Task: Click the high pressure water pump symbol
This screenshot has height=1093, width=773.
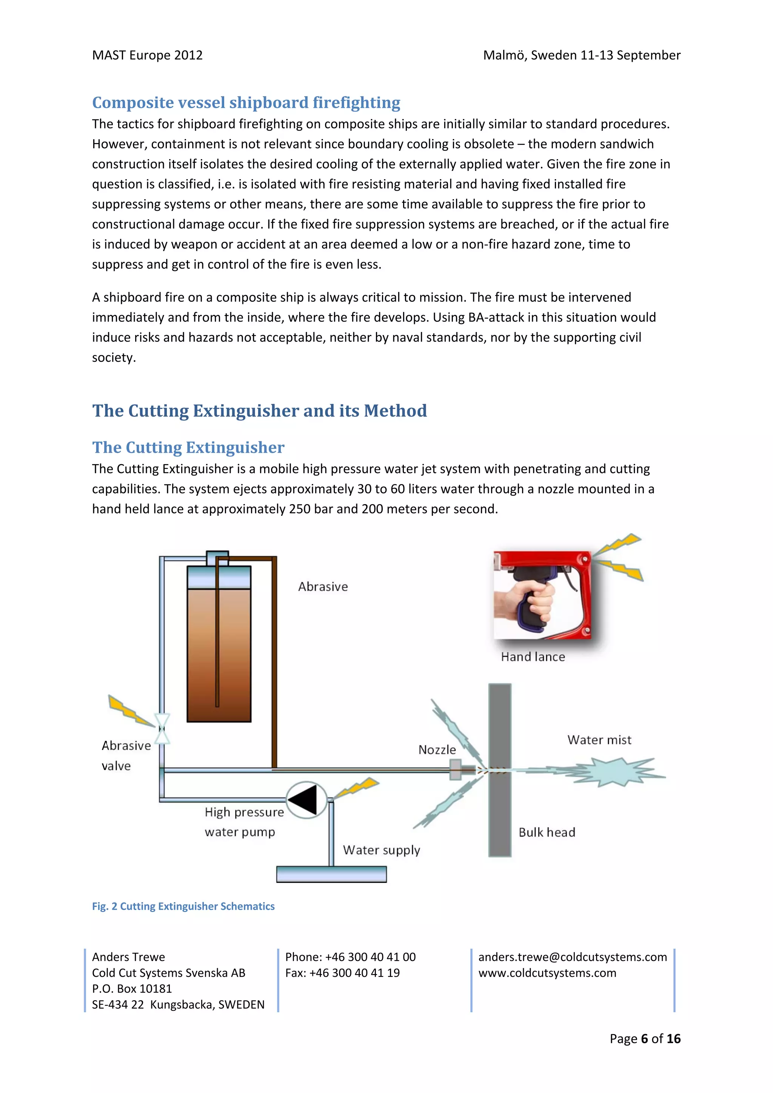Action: click(306, 800)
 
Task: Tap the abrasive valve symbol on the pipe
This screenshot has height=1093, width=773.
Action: click(162, 728)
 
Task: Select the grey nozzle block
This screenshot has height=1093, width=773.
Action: click(455, 769)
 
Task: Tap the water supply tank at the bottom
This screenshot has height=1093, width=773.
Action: click(331, 874)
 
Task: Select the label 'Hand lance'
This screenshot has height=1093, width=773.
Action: click(533, 657)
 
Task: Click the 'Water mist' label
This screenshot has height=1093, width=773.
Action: click(599, 740)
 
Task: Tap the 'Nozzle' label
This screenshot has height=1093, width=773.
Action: click(437, 750)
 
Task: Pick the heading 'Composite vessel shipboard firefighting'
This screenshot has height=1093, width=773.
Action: click(246, 102)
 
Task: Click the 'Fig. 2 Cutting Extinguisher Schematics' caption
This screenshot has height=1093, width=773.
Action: click(183, 906)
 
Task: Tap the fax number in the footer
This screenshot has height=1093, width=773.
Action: click(342, 973)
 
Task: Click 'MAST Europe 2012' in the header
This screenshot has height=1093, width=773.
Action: click(147, 55)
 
